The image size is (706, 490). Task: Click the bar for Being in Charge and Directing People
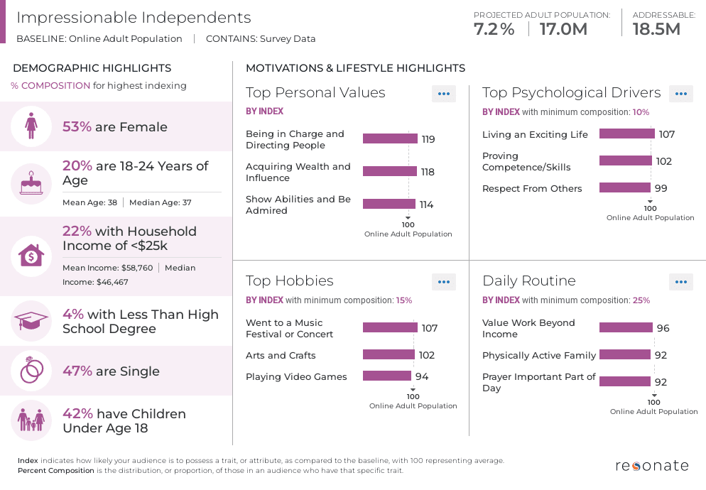click(x=390, y=138)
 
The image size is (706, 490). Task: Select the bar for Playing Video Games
click(x=387, y=376)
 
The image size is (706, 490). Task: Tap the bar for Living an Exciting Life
click(x=626, y=134)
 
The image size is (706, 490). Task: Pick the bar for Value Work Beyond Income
click(x=626, y=328)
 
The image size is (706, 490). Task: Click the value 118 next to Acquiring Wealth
click(x=427, y=172)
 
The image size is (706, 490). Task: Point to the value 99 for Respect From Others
click(x=661, y=188)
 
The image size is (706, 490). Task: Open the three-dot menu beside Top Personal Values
click(x=444, y=94)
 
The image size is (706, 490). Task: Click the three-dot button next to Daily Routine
click(x=680, y=282)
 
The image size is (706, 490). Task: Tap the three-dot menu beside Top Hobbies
click(x=444, y=282)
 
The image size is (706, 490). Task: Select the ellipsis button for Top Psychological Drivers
click(x=680, y=94)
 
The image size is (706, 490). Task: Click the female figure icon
click(x=31, y=127)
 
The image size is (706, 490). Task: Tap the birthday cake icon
click(x=31, y=184)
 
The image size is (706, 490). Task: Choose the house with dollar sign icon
click(x=31, y=256)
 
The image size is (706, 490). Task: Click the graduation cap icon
click(x=31, y=321)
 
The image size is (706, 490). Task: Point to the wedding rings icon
click(x=31, y=371)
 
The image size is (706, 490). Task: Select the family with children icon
click(x=31, y=420)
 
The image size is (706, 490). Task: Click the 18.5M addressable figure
click(x=656, y=29)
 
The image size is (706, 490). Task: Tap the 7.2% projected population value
click(x=494, y=29)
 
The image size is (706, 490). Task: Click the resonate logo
click(x=651, y=466)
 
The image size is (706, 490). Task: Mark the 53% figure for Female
click(x=77, y=127)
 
